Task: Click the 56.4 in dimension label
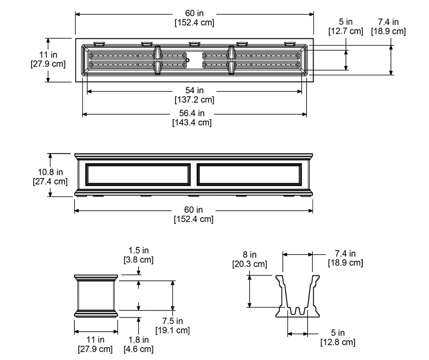(192, 113)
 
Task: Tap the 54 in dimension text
(194, 90)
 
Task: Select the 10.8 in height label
(50, 172)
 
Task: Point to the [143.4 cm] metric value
(192, 122)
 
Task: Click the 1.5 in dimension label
(138, 250)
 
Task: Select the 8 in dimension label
(250, 255)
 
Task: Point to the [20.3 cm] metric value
(250, 264)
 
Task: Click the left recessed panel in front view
(138, 174)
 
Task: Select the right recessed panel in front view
(249, 174)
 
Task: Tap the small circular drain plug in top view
(187, 60)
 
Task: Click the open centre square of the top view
(195, 60)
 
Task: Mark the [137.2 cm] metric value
(194, 100)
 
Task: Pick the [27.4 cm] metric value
(50, 182)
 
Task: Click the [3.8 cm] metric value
(138, 260)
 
